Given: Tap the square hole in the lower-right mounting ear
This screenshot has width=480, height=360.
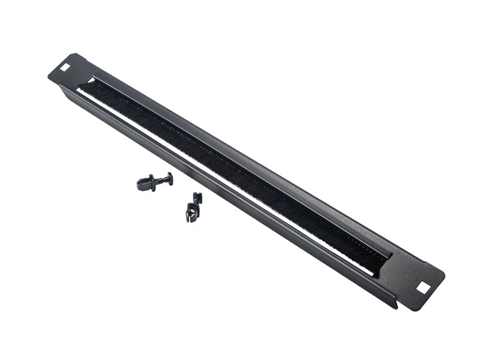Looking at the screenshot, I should [x=423, y=287].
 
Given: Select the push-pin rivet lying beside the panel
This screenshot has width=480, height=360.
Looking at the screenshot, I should [x=155, y=181].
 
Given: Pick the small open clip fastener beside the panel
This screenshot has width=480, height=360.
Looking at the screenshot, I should [x=193, y=207].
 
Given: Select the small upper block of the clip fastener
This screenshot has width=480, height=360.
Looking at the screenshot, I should [x=197, y=197].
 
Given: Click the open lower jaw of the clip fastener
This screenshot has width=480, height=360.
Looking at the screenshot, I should [x=191, y=213].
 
